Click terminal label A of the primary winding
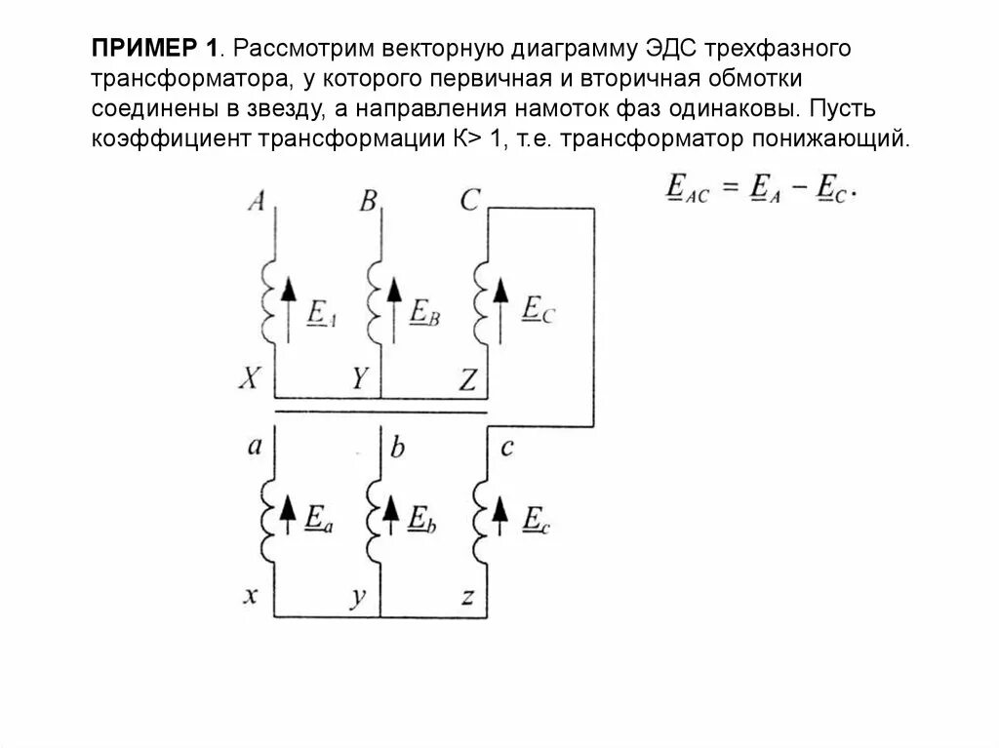pyautogui.click(x=258, y=201)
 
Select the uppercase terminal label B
pyautogui.click(x=369, y=201)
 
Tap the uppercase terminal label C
pyautogui.click(x=470, y=201)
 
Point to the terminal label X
pyautogui.click(x=249, y=380)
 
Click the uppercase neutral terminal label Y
pyautogui.click(x=359, y=380)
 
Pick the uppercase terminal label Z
pyautogui.click(x=467, y=380)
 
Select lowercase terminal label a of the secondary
pyautogui.click(x=255, y=447)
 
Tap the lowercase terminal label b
pyautogui.click(x=397, y=449)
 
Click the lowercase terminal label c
pyautogui.click(x=506, y=448)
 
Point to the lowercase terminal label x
pyautogui.click(x=250, y=596)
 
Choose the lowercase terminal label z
pyautogui.click(x=468, y=596)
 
